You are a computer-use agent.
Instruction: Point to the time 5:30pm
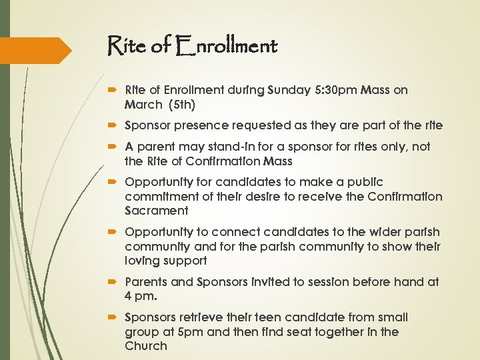[339, 89]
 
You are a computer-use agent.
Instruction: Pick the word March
[143, 104]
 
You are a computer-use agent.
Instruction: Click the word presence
[201, 125]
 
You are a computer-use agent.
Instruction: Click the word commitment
[158, 197]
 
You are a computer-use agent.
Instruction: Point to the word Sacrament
[157, 211]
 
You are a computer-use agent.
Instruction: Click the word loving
[142, 261]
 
